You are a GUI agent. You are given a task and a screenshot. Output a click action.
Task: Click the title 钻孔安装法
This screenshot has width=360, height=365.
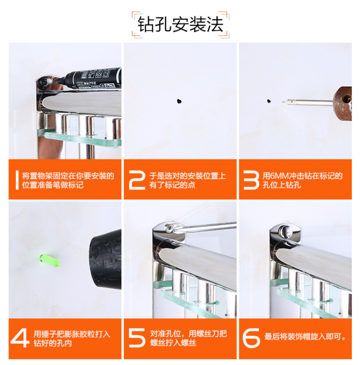coord(180,24)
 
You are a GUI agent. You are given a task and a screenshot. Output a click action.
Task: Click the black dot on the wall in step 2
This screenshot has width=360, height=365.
coord(179,101)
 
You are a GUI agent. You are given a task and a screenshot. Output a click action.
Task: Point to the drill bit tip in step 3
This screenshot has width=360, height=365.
coord(283,102)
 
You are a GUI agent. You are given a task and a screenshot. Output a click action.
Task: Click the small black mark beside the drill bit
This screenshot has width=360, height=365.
coord(269,101)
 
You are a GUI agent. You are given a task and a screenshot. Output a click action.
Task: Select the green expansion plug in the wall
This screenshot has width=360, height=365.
coord(49,260)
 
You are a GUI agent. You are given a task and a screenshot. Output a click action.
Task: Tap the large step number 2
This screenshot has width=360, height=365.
coord(137,180)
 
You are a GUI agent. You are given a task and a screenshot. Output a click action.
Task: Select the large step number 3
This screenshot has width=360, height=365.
coord(251,180)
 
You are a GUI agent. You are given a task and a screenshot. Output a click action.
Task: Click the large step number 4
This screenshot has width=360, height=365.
coord(20,338)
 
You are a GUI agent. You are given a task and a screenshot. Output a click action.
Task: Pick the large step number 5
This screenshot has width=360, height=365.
coord(137,338)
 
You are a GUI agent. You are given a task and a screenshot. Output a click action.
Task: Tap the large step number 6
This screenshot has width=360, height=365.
coord(251,338)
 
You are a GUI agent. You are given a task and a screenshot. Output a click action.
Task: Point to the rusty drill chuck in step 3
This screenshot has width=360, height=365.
coord(342,103)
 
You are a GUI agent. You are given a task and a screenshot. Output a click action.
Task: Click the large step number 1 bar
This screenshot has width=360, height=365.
coord(17,180)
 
